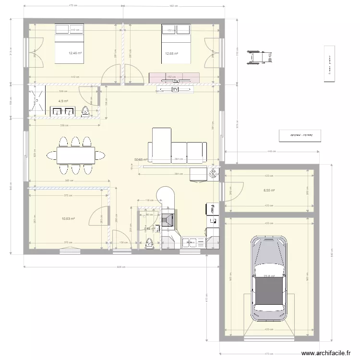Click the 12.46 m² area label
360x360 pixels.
tap(75, 54)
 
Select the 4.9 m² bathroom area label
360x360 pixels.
tap(63, 101)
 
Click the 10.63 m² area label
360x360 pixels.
tap(69, 219)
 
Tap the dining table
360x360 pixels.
tap(76, 155)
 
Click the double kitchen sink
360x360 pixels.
tap(190, 242)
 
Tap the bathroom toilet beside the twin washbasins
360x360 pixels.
tap(85, 111)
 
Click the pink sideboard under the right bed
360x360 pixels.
tap(174, 77)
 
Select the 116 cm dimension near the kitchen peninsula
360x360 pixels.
tap(149, 200)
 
